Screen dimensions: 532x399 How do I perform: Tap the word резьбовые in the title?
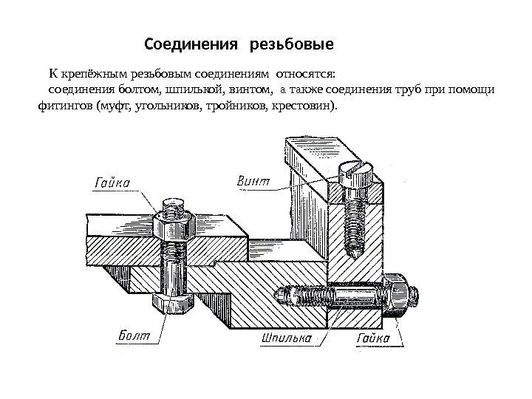coord(293,46)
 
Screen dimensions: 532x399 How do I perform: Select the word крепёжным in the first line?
coord(92,75)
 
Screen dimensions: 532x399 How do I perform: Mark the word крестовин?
coord(305,107)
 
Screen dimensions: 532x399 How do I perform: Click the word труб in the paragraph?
coord(405,91)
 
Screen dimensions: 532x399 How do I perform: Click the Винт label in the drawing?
coord(253,180)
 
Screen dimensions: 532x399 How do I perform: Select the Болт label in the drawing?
coord(134,336)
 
